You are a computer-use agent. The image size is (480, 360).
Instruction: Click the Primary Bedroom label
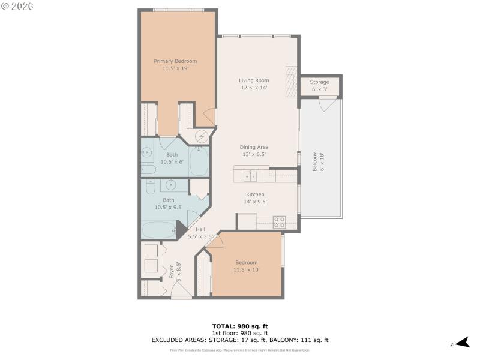(175, 61)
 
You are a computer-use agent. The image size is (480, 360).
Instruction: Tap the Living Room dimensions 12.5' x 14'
(253, 88)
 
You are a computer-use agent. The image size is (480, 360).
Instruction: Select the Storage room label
(320, 82)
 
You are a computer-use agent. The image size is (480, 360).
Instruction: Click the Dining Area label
(254, 147)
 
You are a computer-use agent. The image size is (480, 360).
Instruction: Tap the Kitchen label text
(255, 194)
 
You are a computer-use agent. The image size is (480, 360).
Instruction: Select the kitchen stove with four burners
(279, 221)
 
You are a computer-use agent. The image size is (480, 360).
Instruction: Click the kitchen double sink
(251, 176)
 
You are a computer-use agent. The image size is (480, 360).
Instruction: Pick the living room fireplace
(291, 80)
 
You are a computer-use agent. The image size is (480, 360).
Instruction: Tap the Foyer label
(172, 271)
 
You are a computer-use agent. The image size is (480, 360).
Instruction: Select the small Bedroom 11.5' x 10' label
(246, 263)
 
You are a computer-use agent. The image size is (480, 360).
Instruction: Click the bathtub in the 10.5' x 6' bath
(199, 161)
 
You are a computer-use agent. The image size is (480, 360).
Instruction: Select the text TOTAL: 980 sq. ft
(240, 326)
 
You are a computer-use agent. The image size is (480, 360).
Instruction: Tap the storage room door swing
(327, 104)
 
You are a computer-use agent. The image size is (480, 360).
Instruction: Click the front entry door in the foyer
(182, 290)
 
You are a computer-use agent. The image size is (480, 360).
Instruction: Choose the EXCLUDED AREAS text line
(240, 340)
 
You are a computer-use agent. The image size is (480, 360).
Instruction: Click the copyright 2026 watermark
(17, 5)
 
